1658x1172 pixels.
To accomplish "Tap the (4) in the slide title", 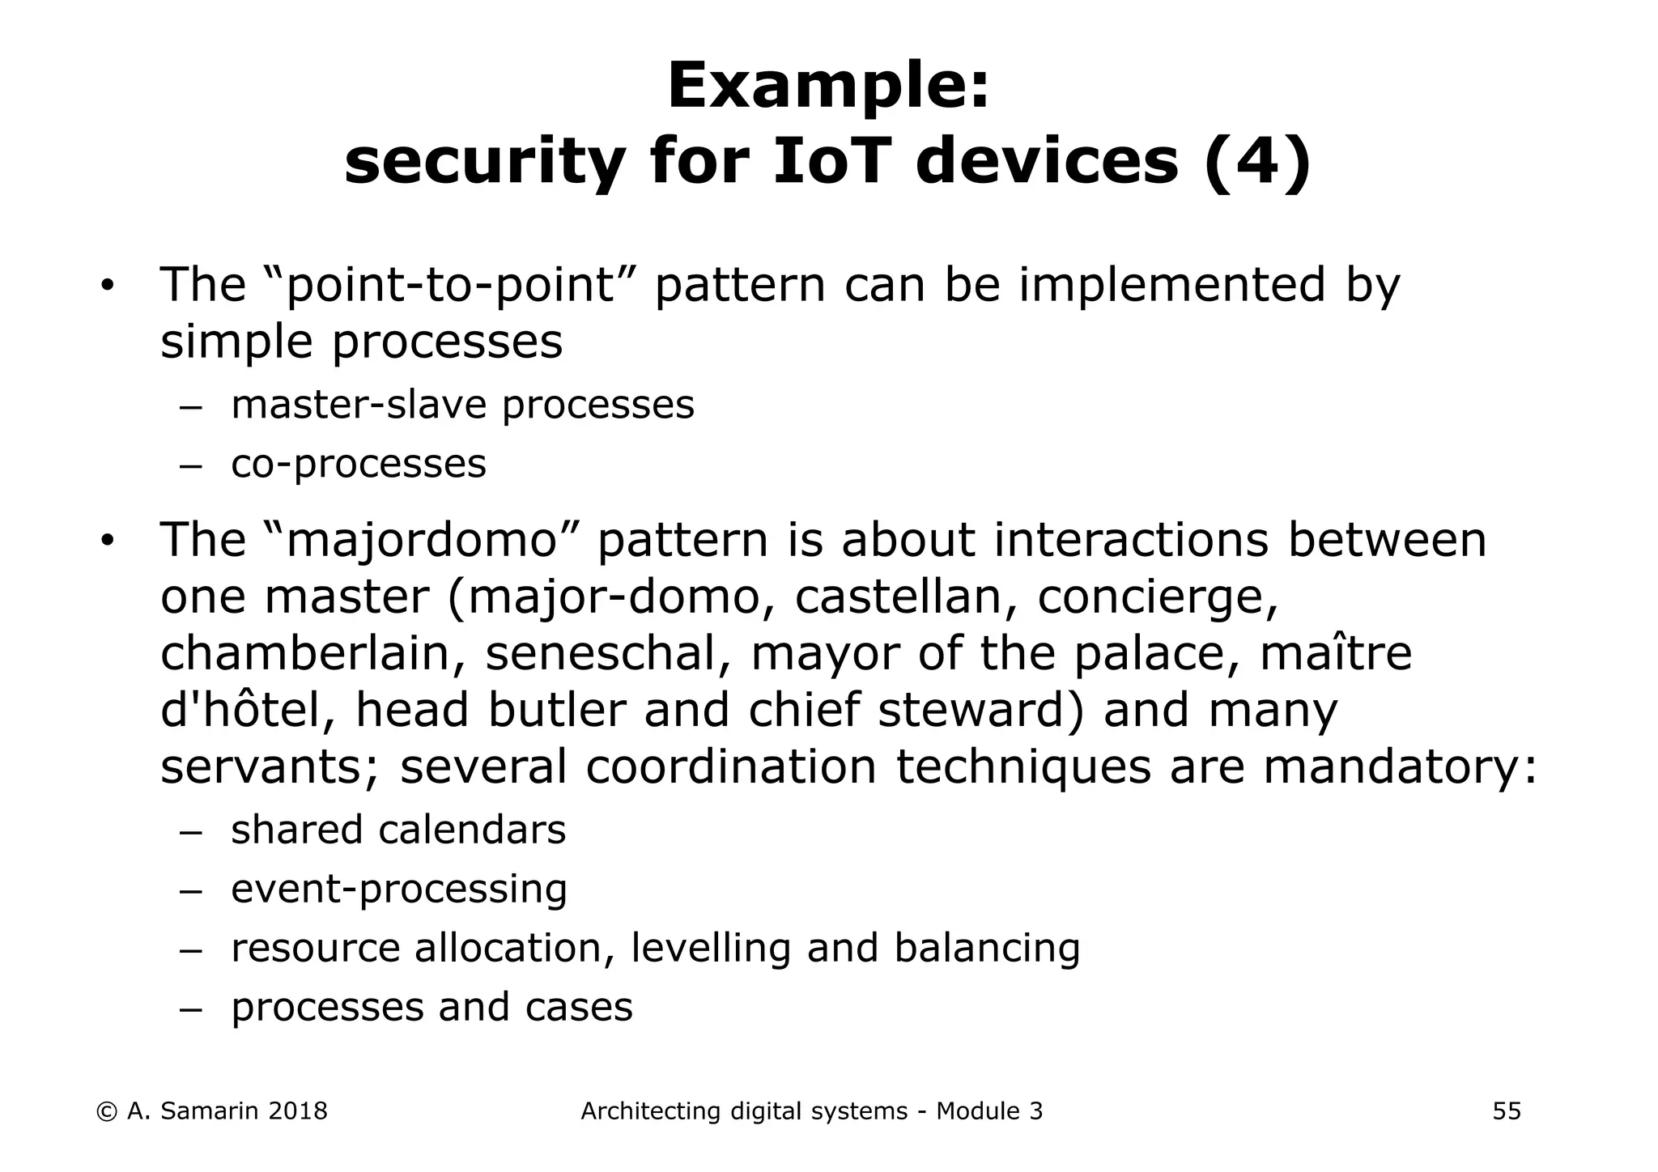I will coord(1257,162).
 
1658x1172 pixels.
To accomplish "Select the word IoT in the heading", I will coord(833,162).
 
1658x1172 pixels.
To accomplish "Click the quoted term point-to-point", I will coord(451,285).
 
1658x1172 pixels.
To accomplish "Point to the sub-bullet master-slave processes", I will coord(462,405).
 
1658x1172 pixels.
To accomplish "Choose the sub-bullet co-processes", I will coord(359,464).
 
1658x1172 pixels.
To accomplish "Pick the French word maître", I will coord(1336,654).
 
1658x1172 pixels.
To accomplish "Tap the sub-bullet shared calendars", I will coord(398,830).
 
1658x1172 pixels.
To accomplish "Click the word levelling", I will coord(710,949).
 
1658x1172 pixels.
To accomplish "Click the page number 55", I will coord(1507,1111).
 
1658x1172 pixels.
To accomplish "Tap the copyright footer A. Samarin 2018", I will coord(212,1111).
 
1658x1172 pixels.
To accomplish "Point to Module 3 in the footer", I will coord(989,1111).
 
